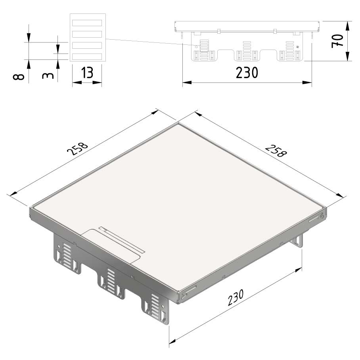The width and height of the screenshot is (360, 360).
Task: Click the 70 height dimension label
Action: [x=337, y=41]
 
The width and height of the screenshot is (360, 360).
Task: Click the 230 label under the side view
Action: [x=247, y=73]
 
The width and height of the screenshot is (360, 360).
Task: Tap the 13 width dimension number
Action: [x=87, y=73]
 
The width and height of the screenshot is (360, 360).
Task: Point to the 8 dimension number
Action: [x=19, y=77]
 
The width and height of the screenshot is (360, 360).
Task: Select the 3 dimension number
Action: [x=48, y=76]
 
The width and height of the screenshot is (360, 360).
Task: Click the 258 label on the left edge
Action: [x=77, y=149]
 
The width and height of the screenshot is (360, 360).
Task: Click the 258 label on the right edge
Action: [x=276, y=151]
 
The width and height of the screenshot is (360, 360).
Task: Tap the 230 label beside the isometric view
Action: [x=236, y=297]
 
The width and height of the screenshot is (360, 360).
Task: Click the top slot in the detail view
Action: [x=87, y=23]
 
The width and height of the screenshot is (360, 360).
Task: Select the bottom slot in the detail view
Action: [x=87, y=56]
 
